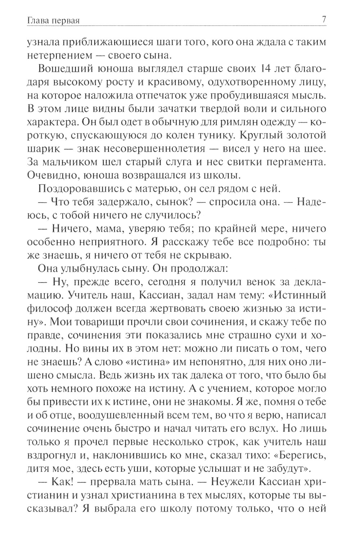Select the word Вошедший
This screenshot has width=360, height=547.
pyautogui.click(x=66, y=69)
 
